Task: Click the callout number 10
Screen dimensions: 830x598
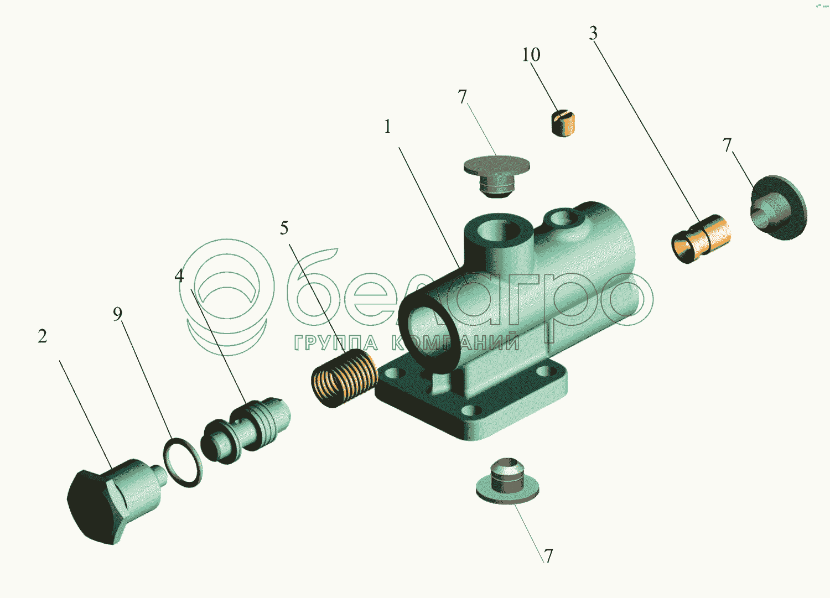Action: [x=531, y=54]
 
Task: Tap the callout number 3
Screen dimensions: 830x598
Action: [x=593, y=33]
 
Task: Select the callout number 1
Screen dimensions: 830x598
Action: [x=387, y=126]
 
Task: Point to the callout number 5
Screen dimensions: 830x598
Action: [x=284, y=228]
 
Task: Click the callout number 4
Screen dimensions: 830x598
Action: [x=179, y=275]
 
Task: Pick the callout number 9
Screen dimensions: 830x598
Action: [x=117, y=314]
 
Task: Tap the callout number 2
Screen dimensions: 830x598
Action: [x=42, y=336]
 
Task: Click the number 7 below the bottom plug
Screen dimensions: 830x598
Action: [x=548, y=556]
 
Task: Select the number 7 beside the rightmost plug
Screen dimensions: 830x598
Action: [x=727, y=145]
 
